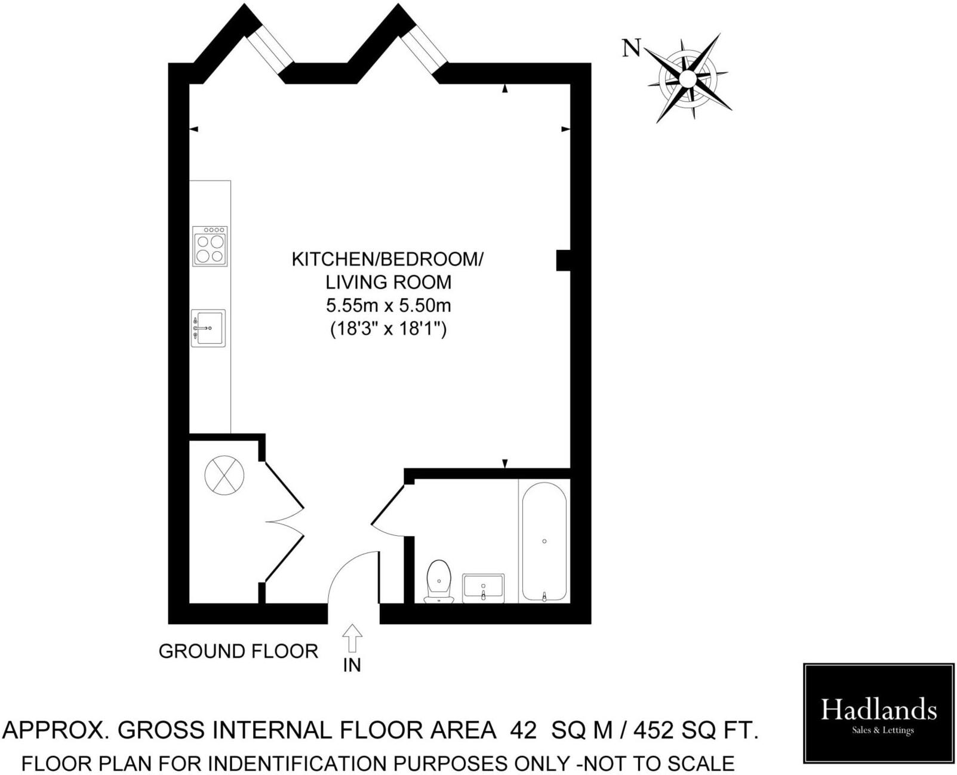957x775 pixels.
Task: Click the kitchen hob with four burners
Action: [x=210, y=246]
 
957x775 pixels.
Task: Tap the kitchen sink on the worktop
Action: [x=208, y=328]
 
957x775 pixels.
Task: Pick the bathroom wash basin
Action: [x=484, y=588]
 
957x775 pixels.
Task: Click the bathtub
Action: [x=544, y=541]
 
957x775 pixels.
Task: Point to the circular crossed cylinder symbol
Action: [x=224, y=475]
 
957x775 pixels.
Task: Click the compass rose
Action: [x=688, y=78]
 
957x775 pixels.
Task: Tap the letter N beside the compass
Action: [x=631, y=48]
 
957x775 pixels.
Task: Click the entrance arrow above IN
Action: [x=352, y=638]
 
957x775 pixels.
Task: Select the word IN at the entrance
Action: [x=352, y=665]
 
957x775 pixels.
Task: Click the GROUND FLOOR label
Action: [x=238, y=651]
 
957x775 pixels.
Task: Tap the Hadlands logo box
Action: [x=878, y=713]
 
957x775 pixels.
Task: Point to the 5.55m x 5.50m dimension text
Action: [x=388, y=305]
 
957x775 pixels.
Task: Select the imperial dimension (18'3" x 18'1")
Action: [x=388, y=329]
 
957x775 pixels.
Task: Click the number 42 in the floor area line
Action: [x=524, y=730]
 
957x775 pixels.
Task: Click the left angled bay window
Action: [x=270, y=48]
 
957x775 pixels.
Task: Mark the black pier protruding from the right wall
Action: [x=563, y=260]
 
